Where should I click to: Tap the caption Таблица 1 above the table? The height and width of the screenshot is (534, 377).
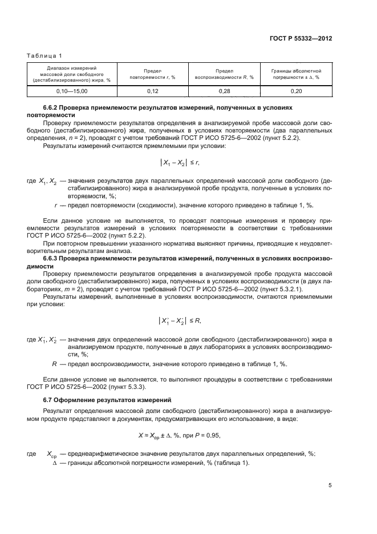click(x=44, y=55)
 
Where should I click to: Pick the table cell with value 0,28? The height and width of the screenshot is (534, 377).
click(x=224, y=91)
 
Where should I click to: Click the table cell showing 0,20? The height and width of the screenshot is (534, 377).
click(x=295, y=91)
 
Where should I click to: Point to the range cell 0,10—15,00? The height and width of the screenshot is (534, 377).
click(x=71, y=91)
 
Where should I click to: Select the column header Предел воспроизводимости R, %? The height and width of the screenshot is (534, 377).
click(x=224, y=73)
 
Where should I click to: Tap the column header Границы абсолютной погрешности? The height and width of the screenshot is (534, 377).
click(x=295, y=73)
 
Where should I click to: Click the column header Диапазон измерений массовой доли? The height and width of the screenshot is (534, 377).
click(x=71, y=73)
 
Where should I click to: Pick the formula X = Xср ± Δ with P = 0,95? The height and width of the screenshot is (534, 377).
click(x=187, y=435)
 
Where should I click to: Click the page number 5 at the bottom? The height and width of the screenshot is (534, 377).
click(x=330, y=485)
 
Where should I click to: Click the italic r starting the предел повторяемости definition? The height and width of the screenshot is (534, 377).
click(x=55, y=204)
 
